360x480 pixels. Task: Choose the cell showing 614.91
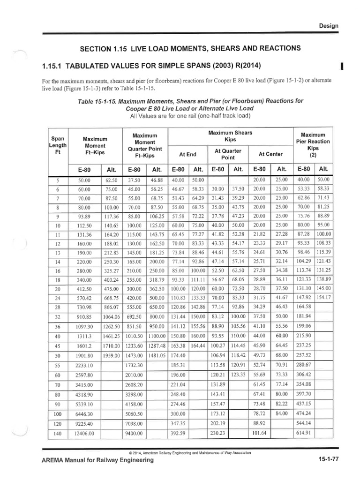coord(303,434)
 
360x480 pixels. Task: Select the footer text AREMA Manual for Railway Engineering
coord(98,461)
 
